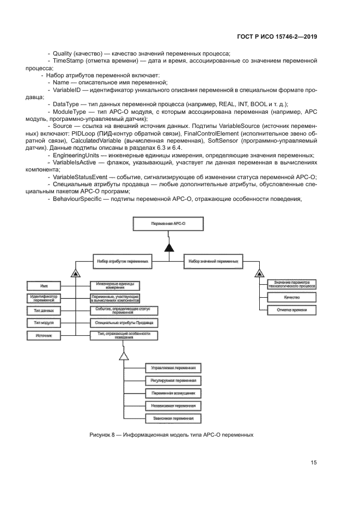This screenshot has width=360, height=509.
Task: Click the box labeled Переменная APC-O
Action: tap(169, 224)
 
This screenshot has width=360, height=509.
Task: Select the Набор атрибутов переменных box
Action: tap(124, 261)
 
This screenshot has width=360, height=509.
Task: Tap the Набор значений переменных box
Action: tap(213, 261)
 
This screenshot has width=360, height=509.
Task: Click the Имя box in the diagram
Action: tap(44, 285)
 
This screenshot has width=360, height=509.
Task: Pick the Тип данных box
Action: tap(44, 310)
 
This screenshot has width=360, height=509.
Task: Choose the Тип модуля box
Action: tap(44, 323)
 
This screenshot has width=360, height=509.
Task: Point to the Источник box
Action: tap(44, 336)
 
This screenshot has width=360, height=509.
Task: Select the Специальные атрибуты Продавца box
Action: tap(124, 323)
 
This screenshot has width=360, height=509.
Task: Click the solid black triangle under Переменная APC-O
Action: tap(169, 248)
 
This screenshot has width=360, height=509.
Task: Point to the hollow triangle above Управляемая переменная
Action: tap(124, 355)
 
